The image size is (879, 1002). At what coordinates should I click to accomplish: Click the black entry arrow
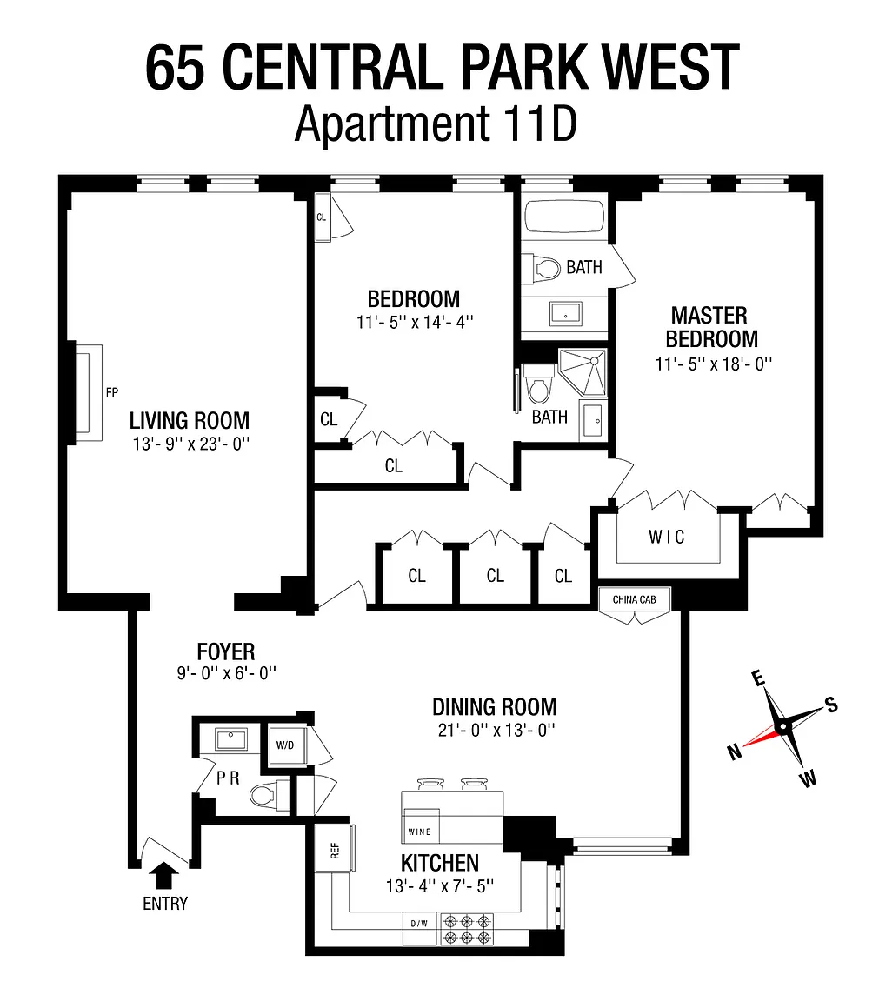(165, 875)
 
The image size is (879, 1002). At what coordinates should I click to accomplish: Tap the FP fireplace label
(112, 392)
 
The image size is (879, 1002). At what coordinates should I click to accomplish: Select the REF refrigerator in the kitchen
(335, 848)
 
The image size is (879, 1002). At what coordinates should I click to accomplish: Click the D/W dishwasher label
(419, 924)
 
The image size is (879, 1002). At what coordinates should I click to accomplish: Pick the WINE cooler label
(420, 832)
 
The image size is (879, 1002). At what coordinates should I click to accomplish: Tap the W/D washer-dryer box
(285, 745)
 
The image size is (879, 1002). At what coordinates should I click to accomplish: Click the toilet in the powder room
(269, 796)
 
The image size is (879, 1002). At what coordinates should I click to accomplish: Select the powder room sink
(231, 739)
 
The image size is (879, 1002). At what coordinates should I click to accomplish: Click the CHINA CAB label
(635, 599)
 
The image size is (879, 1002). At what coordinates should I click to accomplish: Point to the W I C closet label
(666, 537)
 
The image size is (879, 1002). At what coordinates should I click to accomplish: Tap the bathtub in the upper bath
(564, 217)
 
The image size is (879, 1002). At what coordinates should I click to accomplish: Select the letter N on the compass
(735, 752)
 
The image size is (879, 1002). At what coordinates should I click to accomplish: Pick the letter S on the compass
(831, 705)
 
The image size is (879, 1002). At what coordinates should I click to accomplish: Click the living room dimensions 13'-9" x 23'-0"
(191, 444)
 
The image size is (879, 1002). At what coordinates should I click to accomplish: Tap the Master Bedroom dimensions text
(714, 364)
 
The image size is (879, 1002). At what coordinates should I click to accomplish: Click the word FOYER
(226, 651)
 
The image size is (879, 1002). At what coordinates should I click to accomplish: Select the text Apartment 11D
(436, 124)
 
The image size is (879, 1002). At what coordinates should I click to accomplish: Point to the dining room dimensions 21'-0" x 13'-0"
(496, 730)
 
